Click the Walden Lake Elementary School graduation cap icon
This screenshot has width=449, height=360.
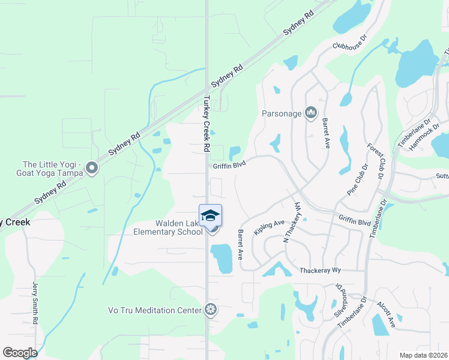point(210,215)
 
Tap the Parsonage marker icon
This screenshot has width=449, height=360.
point(311,113)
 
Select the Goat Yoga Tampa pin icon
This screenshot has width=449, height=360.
point(91,169)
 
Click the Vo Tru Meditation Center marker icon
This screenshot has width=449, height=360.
point(210,310)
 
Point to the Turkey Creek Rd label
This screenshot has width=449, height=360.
point(206,124)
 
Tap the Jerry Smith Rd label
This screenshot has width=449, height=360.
point(34,304)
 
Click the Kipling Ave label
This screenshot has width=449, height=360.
point(269,227)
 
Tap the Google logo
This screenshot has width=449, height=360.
point(20,353)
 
